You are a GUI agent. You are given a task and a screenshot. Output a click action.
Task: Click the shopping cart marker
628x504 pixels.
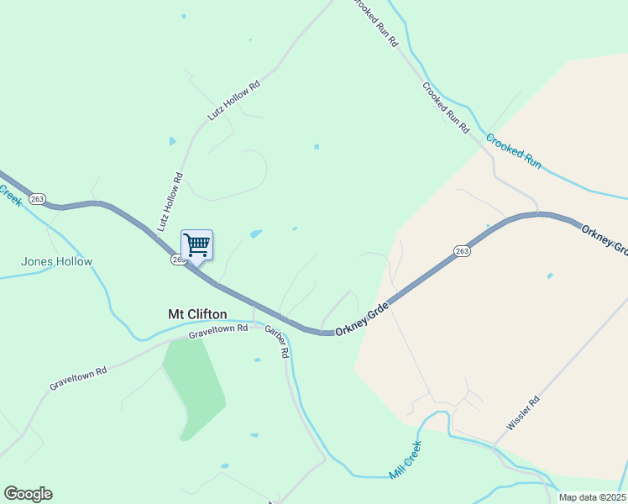pyautogui.click(x=196, y=245)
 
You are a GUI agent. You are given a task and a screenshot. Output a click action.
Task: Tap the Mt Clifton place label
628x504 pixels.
pyautogui.click(x=197, y=314)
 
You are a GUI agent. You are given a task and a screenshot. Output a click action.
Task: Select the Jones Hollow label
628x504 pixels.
pyautogui.click(x=56, y=261)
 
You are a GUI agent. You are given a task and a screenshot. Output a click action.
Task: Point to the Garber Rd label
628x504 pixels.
pyautogui.click(x=276, y=342)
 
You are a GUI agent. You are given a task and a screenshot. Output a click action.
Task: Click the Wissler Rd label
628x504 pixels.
pyautogui.click(x=521, y=414)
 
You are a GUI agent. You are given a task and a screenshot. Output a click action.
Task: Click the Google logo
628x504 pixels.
pyautogui.click(x=28, y=494)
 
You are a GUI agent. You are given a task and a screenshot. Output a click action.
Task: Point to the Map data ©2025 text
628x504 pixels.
pyautogui.click(x=592, y=497)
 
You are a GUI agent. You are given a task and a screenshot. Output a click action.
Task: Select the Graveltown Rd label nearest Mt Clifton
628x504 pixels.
pyautogui.click(x=218, y=331)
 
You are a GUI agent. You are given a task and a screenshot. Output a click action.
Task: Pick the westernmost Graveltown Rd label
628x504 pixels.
pyautogui.click(x=78, y=377)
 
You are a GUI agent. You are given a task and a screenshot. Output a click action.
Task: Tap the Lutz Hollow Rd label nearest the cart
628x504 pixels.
pyautogui.click(x=170, y=202)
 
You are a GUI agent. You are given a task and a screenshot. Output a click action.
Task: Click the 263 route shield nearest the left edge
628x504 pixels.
pyautogui.click(x=37, y=199)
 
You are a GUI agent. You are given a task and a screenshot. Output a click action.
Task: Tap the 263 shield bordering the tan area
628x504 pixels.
pyautogui.click(x=462, y=250)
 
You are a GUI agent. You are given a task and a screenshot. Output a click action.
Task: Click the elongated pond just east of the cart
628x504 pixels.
pyautogui.click(x=256, y=234)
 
